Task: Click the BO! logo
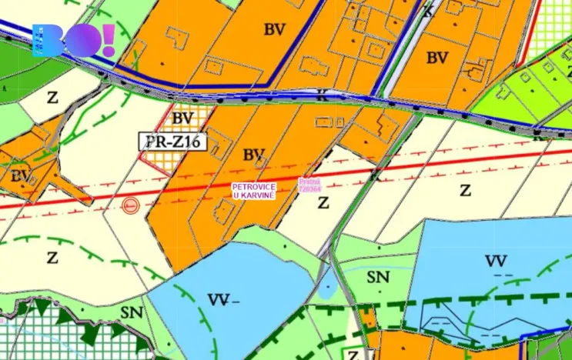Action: (x=73, y=40)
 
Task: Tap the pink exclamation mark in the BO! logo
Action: (x=107, y=38)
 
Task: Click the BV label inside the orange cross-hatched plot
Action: (x=182, y=118)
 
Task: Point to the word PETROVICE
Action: (x=254, y=187)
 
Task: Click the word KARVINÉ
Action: (x=259, y=195)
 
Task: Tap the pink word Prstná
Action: (x=309, y=182)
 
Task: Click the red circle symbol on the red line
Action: (x=130, y=205)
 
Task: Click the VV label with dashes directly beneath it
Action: (x=497, y=262)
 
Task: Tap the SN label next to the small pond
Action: (x=378, y=278)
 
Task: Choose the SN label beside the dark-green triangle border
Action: (x=132, y=312)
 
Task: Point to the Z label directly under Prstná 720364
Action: (x=323, y=203)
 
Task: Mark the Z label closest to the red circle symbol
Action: (x=52, y=258)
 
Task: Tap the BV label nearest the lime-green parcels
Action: (x=437, y=57)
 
